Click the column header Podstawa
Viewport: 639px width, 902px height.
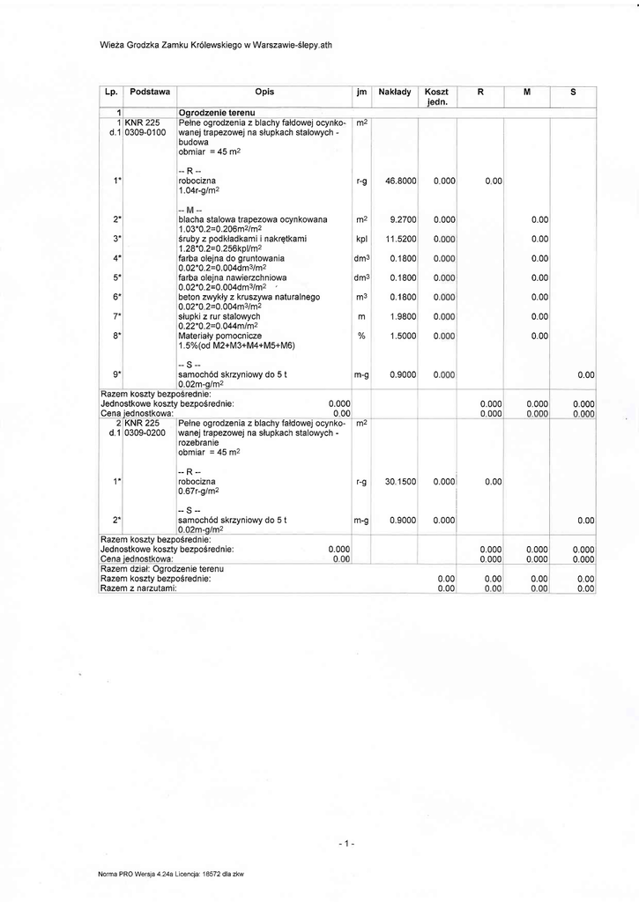coord(150,91)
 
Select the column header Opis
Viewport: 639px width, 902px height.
coord(264,91)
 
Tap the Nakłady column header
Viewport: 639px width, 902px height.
coord(394,91)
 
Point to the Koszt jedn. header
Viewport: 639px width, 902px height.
coord(436,96)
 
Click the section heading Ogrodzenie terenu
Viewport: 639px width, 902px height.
coord(217,113)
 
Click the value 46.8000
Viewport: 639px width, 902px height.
coord(401,181)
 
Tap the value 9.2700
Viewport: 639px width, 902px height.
coord(402,219)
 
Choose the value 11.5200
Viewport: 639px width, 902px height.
coord(401,239)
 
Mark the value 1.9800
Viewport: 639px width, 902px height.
coord(402,316)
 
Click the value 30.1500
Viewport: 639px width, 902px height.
coord(401,482)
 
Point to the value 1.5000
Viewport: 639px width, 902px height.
coord(402,336)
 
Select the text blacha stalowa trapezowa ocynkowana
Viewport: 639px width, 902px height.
coord(253,219)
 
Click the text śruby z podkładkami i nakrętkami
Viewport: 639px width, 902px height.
coord(241,239)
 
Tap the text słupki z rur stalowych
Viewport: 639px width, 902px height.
coord(219,316)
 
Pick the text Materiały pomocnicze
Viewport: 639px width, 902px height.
coord(220,336)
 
